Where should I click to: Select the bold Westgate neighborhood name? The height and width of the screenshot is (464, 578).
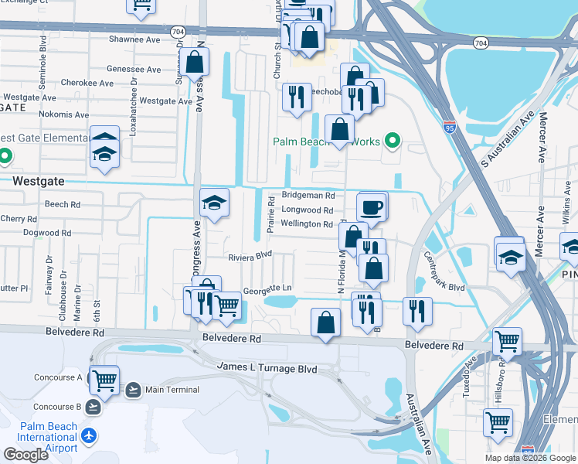pos(37,180)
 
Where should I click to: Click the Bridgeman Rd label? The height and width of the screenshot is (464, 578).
pos(308,196)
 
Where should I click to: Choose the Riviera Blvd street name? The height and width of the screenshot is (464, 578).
pos(250,254)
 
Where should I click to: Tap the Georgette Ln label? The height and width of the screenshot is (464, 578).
pos(267,289)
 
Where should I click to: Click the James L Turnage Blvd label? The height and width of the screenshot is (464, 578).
pos(267,369)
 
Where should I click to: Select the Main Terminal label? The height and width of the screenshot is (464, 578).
pos(172,390)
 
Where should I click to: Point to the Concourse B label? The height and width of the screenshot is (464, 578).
pos(57,407)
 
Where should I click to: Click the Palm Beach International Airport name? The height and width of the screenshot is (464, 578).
pos(48,438)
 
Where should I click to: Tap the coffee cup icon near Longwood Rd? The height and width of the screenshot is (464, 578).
pos(372,206)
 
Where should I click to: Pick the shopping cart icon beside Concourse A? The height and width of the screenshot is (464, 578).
pos(104,380)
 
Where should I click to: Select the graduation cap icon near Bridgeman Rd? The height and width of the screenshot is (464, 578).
pos(214,203)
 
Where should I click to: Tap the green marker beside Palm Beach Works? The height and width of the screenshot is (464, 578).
pos(393,141)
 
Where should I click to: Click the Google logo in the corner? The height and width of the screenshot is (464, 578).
pos(26,455)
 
